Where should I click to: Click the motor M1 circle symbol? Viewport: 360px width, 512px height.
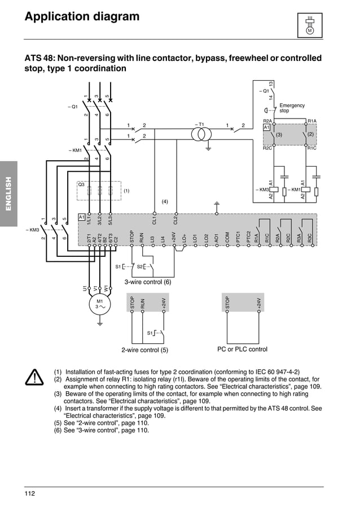click(x=100, y=304)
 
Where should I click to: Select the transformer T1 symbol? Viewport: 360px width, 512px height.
click(x=201, y=134)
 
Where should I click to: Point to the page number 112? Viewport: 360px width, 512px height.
click(x=30, y=494)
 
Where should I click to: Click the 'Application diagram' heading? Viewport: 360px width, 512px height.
click(x=82, y=17)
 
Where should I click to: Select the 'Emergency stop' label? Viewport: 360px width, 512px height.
click(x=291, y=108)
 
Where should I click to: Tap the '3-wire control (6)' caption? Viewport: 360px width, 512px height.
click(x=147, y=282)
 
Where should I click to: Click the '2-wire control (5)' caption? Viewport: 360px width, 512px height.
click(x=145, y=350)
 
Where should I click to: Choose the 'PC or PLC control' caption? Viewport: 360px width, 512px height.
click(x=242, y=349)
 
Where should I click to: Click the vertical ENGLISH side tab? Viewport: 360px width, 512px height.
click(x=8, y=194)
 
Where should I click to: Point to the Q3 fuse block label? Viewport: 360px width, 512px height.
click(x=81, y=185)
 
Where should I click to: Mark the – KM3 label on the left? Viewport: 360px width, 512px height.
click(x=32, y=230)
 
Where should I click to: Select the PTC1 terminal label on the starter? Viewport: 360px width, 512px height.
click(x=238, y=238)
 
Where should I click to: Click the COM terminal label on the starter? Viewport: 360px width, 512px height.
click(x=227, y=238)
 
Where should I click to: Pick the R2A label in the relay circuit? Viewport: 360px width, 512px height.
click(x=267, y=121)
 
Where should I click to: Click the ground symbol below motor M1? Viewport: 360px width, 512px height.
click(x=100, y=324)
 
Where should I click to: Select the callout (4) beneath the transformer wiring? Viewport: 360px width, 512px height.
click(x=165, y=201)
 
